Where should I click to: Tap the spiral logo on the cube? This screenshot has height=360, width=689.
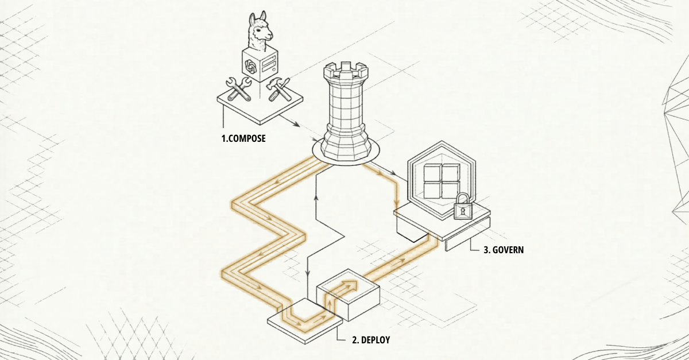[x=250, y=67]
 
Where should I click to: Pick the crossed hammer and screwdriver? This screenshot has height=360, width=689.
[x=280, y=88]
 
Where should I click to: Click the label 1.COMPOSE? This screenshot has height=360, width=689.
[x=243, y=138]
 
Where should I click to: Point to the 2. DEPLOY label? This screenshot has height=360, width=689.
[x=370, y=340]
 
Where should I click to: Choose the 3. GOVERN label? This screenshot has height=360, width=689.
[x=504, y=250]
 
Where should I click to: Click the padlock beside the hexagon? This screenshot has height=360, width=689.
[x=462, y=207]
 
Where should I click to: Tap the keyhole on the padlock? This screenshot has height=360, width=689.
[x=462, y=211]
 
